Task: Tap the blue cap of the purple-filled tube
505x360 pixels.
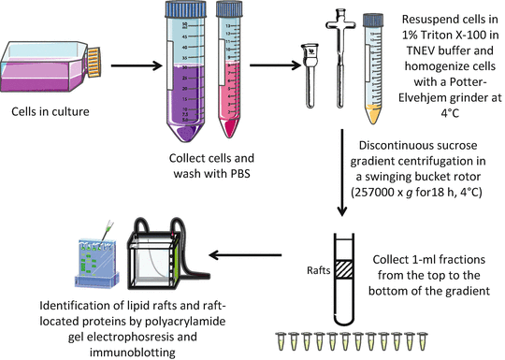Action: click(185, 9)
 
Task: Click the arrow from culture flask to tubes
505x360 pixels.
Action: click(137, 66)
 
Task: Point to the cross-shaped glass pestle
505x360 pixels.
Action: click(340, 58)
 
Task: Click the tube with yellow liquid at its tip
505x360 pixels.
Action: click(373, 68)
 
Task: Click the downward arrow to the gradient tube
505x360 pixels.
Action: click(342, 173)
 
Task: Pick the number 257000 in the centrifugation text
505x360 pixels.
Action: click(375, 193)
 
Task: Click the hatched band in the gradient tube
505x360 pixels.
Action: click(344, 269)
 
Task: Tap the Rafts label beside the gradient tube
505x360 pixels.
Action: click(319, 270)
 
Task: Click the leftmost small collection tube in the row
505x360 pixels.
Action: click(281, 341)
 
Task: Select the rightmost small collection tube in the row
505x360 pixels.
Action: click(422, 341)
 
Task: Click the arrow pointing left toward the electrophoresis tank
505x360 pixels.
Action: click(245, 255)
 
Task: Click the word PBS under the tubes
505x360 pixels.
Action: click(240, 174)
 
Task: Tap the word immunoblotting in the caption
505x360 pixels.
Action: click(133, 353)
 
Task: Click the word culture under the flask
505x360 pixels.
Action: click(72, 111)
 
